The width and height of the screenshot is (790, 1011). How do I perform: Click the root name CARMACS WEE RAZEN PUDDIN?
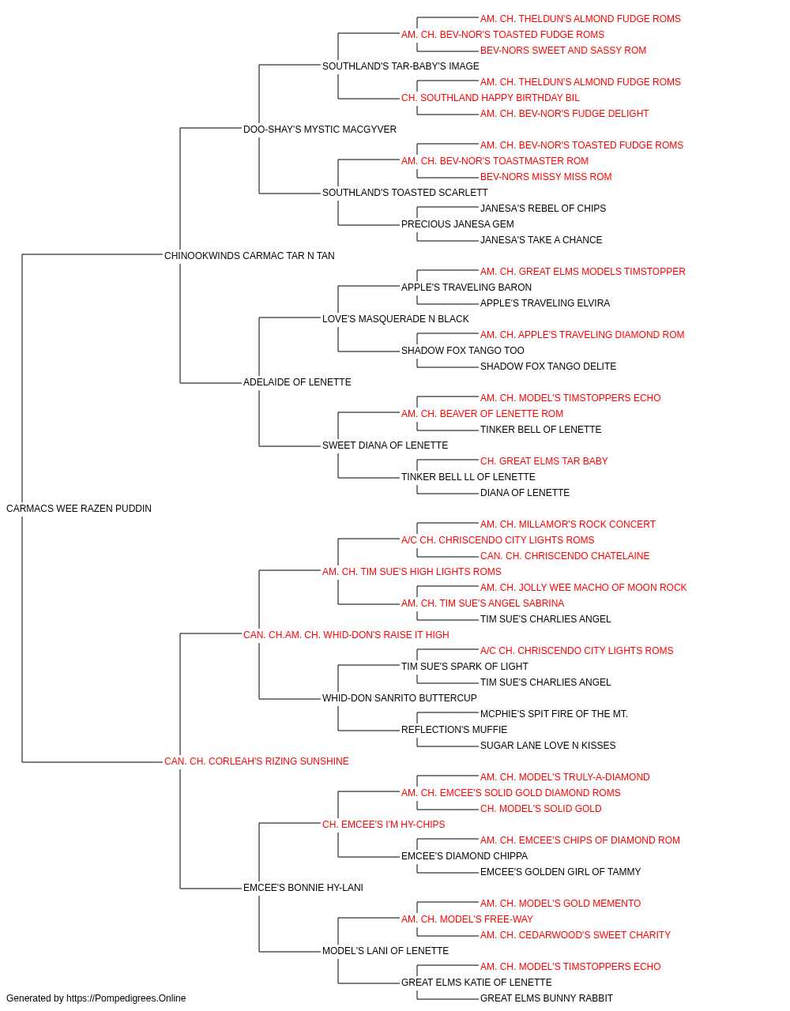(x=79, y=509)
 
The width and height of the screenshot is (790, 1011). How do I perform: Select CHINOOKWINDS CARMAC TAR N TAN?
(x=250, y=256)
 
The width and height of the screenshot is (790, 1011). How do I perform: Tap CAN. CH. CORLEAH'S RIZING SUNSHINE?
(x=256, y=761)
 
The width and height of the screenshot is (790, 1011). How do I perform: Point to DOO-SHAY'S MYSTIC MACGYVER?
(x=320, y=130)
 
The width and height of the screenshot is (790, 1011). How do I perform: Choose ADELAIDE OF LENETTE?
(x=297, y=382)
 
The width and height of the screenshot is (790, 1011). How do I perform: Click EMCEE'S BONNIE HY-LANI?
(x=303, y=887)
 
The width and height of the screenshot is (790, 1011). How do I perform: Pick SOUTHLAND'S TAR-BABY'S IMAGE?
(x=401, y=66)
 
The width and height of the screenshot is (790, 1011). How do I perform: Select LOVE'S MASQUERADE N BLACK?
(x=396, y=318)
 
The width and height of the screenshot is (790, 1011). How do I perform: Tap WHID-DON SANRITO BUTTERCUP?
(x=399, y=698)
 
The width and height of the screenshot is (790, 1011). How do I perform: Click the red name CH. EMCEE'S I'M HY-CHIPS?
(x=383, y=825)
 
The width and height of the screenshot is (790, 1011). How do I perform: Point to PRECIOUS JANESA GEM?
(x=457, y=224)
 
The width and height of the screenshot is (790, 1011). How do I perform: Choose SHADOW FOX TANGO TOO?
(x=462, y=351)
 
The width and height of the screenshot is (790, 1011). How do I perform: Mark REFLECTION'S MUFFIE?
(x=454, y=730)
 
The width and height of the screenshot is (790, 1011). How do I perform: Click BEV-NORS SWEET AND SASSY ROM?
(x=563, y=51)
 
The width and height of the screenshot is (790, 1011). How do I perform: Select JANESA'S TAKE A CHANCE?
(x=541, y=240)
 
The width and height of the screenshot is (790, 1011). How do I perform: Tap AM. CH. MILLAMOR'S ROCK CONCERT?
(x=567, y=524)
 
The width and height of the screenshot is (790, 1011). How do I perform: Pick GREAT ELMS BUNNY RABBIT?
(x=546, y=998)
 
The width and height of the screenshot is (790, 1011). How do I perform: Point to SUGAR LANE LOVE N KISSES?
(x=547, y=746)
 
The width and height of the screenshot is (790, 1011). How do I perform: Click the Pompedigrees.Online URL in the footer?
(x=126, y=998)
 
